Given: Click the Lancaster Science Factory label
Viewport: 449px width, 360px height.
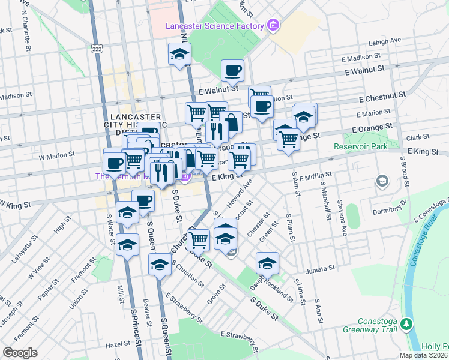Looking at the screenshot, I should click(215, 26).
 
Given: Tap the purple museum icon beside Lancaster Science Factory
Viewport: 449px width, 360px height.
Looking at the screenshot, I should click(273, 25).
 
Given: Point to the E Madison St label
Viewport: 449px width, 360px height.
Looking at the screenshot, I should click(363, 58).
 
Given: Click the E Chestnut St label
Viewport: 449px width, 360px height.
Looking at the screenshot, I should click(382, 96).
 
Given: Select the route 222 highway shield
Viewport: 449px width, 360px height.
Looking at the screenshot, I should click(96, 47).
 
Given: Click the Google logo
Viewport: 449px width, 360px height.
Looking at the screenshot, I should click(19, 352).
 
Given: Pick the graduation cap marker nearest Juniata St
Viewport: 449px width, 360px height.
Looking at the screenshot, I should click(268, 263).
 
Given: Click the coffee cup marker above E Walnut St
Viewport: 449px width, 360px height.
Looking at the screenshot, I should click(233, 71).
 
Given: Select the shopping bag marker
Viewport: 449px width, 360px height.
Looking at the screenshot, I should click(231, 122).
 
